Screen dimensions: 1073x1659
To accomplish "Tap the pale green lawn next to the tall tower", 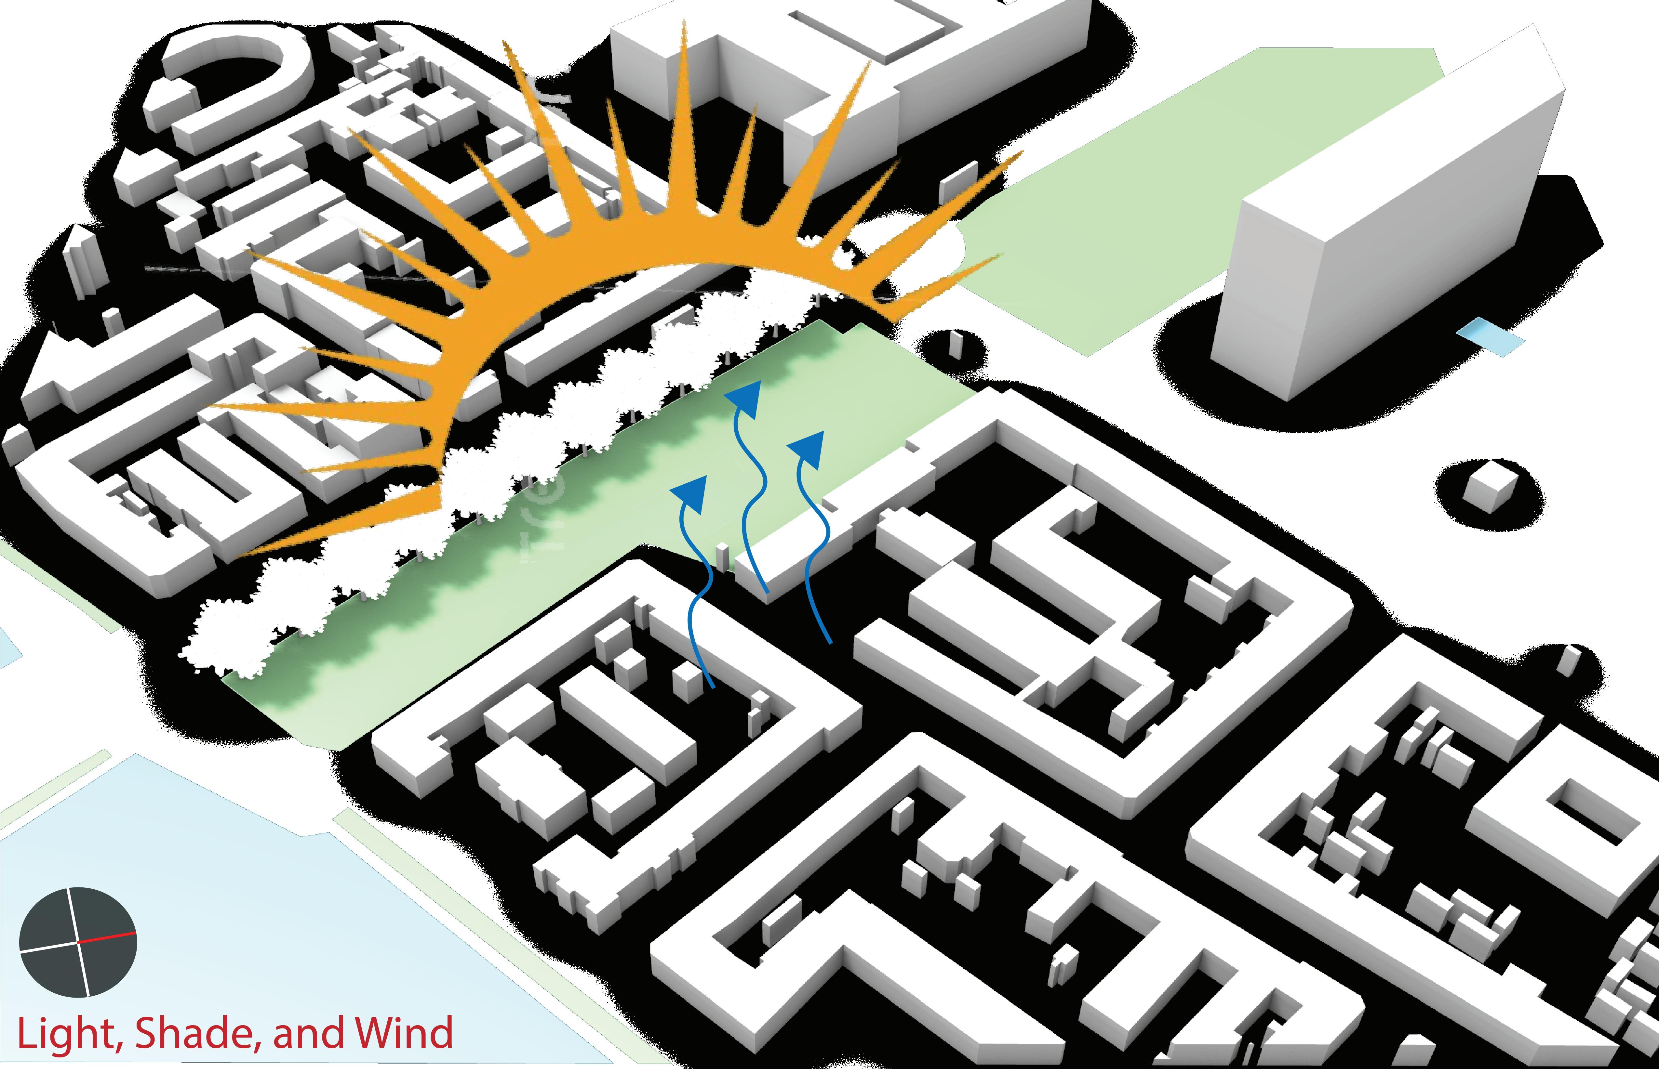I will coord(1185,174).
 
